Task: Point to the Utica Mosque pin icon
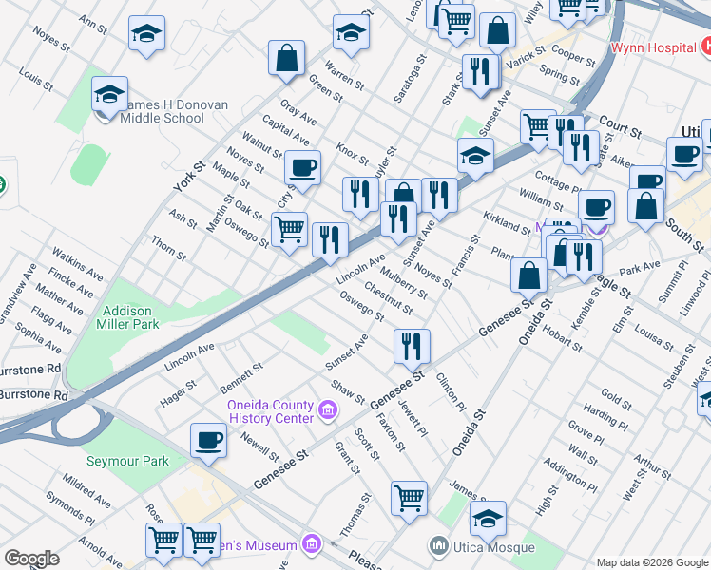tap(438, 545)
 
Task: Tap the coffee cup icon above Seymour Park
tap(208, 440)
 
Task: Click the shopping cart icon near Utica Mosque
tap(409, 497)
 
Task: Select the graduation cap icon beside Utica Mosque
tap(488, 518)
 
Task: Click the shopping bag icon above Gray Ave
tap(286, 58)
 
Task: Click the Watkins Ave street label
tap(77, 265)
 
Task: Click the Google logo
tap(31, 559)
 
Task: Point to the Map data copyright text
tap(652, 562)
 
